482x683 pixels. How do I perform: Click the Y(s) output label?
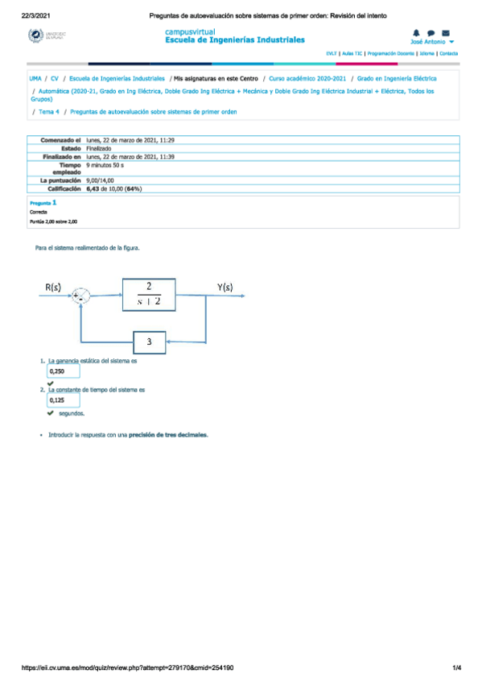point(225,287)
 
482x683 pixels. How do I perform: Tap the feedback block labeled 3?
point(150,341)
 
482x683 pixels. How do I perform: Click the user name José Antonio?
point(428,41)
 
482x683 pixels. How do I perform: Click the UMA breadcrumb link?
point(35,79)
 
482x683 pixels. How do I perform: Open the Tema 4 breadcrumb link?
point(49,111)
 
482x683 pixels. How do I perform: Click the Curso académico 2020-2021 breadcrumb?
point(307,79)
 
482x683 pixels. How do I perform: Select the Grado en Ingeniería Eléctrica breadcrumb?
point(397,79)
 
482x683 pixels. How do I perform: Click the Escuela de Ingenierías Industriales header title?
point(234,39)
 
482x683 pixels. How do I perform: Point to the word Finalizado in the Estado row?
point(100,148)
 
